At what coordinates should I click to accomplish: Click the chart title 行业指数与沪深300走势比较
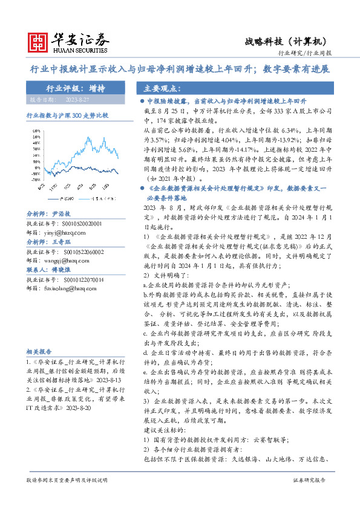tap(67, 114)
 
